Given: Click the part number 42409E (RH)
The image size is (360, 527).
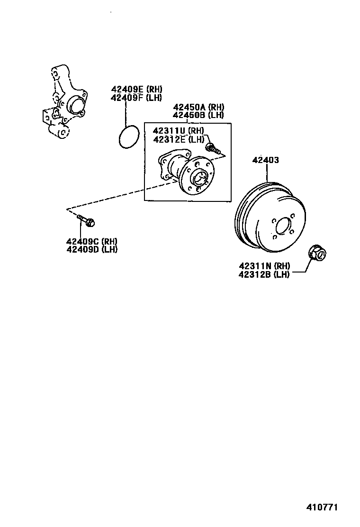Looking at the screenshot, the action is tap(136, 89).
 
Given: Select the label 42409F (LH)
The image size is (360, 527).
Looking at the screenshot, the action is tap(136, 98).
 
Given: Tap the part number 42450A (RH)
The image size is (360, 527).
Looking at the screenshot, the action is tap(198, 107).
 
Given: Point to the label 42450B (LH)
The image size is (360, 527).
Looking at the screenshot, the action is tap(198, 115).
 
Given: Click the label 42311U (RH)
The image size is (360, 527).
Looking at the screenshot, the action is tap(178, 131).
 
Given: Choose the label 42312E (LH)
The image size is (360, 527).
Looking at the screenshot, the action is tap(178, 139).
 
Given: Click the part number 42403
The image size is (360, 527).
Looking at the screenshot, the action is tap(266, 160).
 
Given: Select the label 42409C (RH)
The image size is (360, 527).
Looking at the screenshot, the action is tap(92, 241).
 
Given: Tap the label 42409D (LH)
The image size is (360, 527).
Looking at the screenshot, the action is tap(92, 249).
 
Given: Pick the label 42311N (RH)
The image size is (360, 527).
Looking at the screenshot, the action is tap(264, 266).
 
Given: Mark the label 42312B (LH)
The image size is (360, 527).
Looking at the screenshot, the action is tap(264, 274).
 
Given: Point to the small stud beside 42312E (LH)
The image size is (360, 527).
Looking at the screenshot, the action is tap(214, 149).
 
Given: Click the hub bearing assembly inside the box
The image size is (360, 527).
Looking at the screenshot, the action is tap(188, 173).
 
